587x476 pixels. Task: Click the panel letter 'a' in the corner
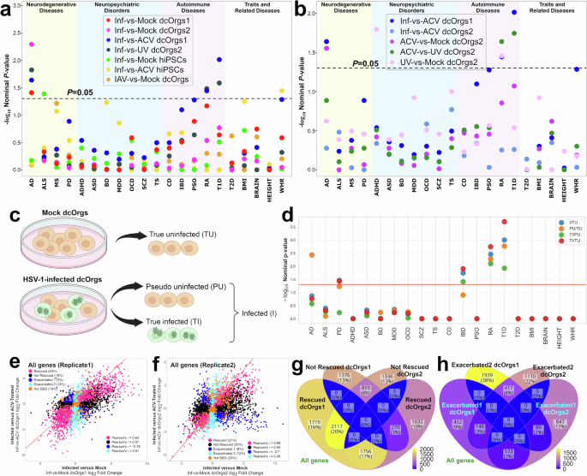click(x=6, y=8)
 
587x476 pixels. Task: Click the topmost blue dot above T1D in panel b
click(x=538, y=13)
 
